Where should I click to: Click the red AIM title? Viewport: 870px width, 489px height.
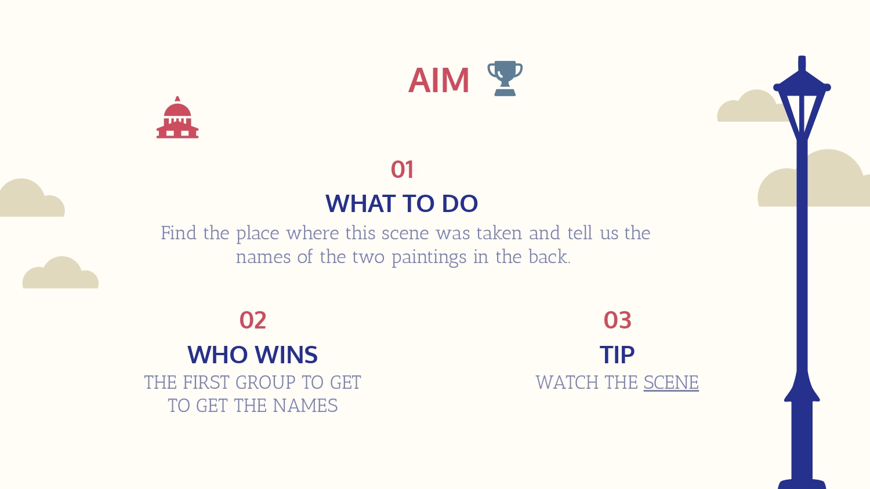(439, 81)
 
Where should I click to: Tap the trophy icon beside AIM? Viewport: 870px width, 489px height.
(505, 78)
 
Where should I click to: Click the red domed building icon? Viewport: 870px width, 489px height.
(177, 117)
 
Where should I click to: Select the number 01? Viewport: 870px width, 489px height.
(402, 170)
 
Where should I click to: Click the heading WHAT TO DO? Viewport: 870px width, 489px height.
(401, 203)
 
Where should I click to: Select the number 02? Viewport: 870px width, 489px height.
(253, 320)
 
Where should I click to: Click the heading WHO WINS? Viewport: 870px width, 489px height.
(252, 355)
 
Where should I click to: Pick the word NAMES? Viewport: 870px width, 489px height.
(305, 406)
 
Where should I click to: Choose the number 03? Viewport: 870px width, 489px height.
(618, 320)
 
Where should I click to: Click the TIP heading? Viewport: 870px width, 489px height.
(617, 355)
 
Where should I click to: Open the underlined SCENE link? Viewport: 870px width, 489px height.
(671, 382)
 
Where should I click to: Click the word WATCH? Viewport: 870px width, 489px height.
(567, 382)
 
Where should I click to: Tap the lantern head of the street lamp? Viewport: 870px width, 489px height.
(802, 99)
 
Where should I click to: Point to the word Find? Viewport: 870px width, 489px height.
(179, 233)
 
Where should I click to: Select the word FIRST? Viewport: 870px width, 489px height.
(206, 382)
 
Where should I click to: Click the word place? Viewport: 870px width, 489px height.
(258, 234)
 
